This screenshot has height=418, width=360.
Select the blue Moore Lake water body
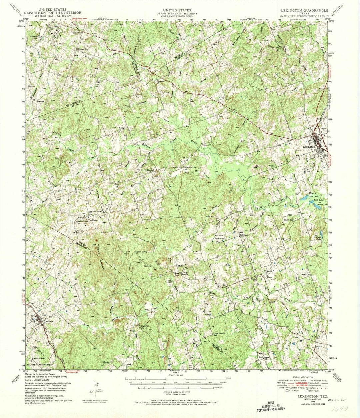click(x=318, y=206)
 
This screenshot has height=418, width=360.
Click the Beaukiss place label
click(x=41, y=101)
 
